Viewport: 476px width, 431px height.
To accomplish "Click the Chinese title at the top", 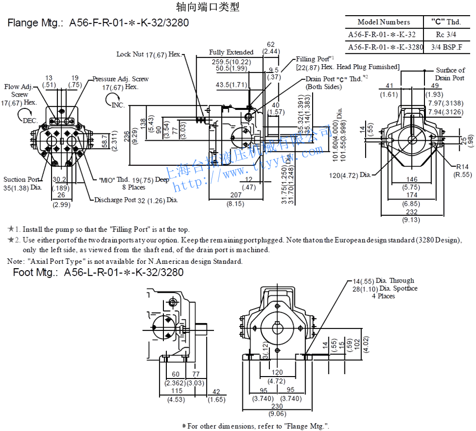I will point(208,7).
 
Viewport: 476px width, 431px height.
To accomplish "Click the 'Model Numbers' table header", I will point(384,22).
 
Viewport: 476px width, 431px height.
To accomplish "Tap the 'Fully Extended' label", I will point(231,52).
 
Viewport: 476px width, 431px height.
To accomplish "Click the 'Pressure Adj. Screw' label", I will point(120,78).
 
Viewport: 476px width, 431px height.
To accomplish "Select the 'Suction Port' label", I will point(21,179).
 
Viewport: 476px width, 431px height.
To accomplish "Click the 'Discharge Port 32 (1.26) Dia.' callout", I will point(135,200).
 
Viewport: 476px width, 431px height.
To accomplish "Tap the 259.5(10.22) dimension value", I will point(231,61).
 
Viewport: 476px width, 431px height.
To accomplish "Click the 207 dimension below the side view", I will point(235,195).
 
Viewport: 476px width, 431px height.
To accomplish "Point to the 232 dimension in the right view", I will point(412,211).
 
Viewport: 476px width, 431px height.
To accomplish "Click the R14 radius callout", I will point(462,166).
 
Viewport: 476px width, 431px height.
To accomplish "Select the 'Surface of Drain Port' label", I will point(450,74).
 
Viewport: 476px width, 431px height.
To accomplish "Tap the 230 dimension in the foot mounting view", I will point(277,406).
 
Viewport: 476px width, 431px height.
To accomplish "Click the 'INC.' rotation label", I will point(118,105).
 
